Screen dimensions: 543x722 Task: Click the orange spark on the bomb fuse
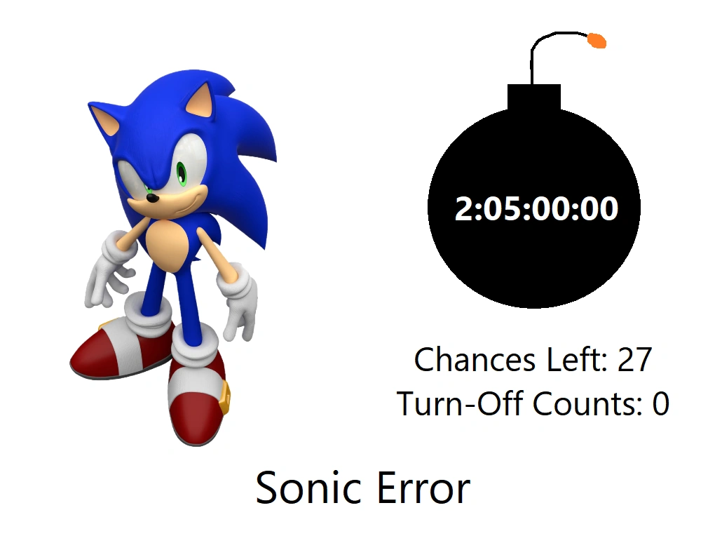pyautogui.click(x=597, y=41)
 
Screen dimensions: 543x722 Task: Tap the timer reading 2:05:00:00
pyautogui.click(x=536, y=209)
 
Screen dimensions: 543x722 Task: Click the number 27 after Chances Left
pyautogui.click(x=634, y=360)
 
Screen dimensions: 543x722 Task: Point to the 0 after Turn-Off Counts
pyautogui.click(x=660, y=404)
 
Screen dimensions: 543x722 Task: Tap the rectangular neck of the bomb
pyautogui.click(x=534, y=97)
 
